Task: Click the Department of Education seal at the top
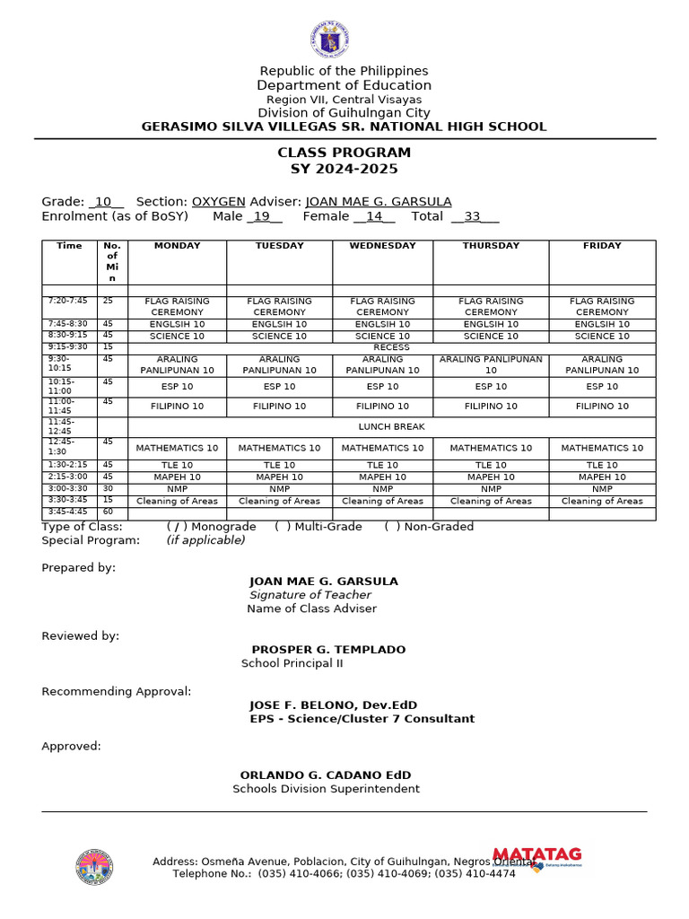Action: tap(328, 39)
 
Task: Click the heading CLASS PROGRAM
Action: tap(344, 153)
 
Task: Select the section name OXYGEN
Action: tap(219, 202)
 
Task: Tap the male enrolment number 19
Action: tap(262, 216)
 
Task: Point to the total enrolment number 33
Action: tap(473, 216)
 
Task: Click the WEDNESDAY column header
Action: tap(382, 246)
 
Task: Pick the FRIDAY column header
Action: tap(602, 246)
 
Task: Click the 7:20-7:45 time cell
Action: tap(69, 302)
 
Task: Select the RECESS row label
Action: tap(391, 347)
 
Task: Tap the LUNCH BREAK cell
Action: tap(391, 427)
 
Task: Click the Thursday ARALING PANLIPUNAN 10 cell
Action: tap(491, 364)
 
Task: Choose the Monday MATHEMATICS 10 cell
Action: tap(177, 448)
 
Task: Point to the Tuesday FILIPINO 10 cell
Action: tap(279, 407)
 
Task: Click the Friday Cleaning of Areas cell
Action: tap(602, 502)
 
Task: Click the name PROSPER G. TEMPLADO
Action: tap(328, 650)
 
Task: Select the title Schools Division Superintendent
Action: tap(326, 789)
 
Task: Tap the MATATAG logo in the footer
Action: tap(537, 856)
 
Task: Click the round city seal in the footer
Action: tap(94, 867)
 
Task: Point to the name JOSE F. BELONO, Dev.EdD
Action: tap(333, 705)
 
